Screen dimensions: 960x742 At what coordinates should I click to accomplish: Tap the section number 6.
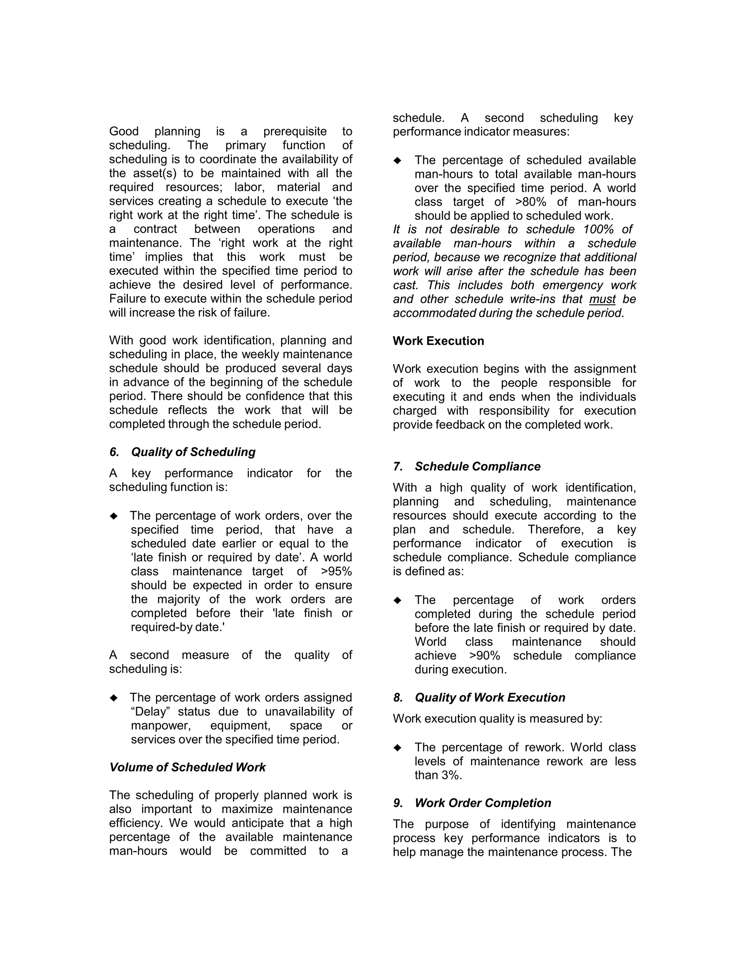pyautogui.click(x=114, y=452)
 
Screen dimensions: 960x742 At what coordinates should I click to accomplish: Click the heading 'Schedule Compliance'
pyautogui.click(x=478, y=466)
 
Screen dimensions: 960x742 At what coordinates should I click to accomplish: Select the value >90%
pyautogui.click(x=484, y=656)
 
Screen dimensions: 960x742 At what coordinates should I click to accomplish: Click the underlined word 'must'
pyautogui.click(x=602, y=299)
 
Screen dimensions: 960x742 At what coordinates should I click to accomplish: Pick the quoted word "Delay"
pyautogui.click(x=150, y=711)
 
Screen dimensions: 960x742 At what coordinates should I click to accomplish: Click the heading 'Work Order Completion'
pyautogui.click(x=483, y=803)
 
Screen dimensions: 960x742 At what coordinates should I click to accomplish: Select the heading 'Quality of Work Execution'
pyautogui.click(x=490, y=698)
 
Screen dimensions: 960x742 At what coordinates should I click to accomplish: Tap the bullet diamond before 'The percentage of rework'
pyautogui.click(x=397, y=748)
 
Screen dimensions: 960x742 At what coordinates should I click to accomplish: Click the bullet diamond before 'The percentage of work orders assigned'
pyautogui.click(x=114, y=698)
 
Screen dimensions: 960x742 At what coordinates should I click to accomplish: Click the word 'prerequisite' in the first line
pyautogui.click(x=295, y=132)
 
